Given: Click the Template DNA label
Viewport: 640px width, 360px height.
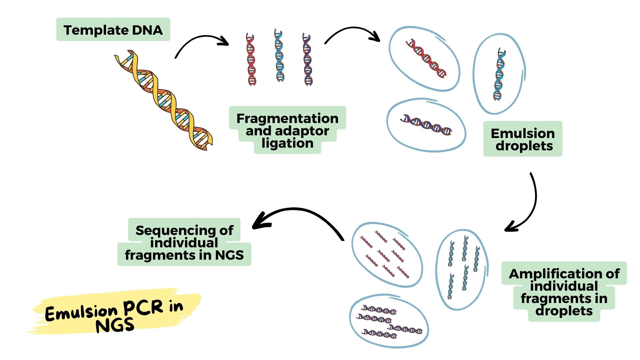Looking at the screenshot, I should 113,30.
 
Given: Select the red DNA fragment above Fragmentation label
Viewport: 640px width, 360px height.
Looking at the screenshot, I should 251,59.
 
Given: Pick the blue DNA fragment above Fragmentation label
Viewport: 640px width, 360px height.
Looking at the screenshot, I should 279,56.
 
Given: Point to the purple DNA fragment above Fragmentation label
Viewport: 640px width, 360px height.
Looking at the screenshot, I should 308,59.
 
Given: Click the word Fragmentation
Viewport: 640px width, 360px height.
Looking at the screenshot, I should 287,118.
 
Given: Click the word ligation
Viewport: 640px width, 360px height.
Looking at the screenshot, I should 287,143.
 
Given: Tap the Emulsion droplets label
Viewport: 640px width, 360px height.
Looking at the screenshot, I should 523,139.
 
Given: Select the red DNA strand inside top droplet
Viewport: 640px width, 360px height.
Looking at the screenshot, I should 426,59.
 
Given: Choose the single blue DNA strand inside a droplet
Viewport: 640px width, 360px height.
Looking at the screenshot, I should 499,74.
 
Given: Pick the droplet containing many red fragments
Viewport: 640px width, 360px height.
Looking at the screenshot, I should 387,255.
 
